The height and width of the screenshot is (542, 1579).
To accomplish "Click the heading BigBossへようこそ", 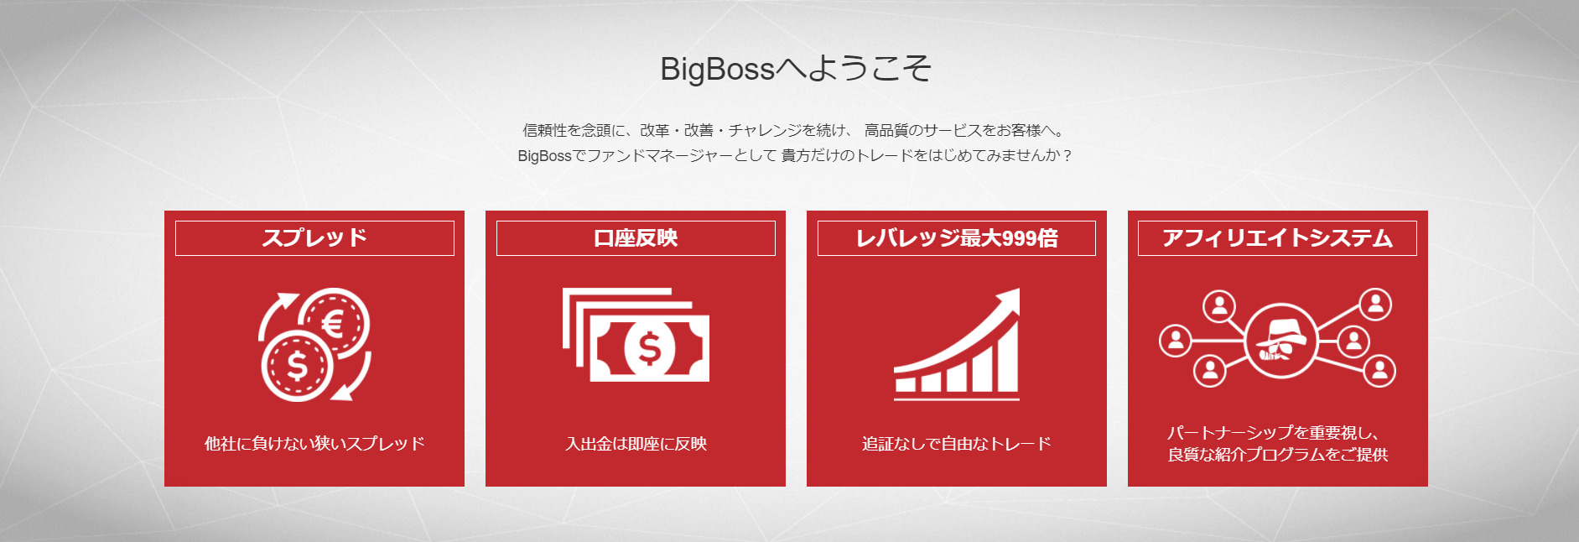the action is tap(796, 69).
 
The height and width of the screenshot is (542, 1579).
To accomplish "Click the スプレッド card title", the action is tap(314, 238).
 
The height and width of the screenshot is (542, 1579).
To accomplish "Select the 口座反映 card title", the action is tap(636, 238).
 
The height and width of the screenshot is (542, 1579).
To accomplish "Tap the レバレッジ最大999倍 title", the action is tap(957, 238).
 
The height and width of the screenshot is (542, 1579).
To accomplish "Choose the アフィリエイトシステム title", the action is tap(1277, 238).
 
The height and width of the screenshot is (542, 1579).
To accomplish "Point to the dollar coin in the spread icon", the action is tap(297, 366).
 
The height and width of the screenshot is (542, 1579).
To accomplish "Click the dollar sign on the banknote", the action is tap(649, 348).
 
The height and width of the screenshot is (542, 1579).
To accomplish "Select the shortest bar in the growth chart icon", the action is tap(906, 385).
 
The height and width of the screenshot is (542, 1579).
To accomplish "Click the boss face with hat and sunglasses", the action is tap(1280, 341).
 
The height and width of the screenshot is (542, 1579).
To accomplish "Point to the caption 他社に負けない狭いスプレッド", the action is tap(314, 443).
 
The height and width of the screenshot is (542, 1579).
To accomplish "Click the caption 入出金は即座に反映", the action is tap(636, 443).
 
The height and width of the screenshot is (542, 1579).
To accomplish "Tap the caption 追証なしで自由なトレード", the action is tap(957, 443).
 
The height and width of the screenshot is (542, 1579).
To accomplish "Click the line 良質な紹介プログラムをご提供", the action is tap(1277, 455).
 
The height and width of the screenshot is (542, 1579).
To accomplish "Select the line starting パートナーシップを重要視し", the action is tap(1273, 433).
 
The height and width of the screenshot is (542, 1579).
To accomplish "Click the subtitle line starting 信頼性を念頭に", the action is tap(794, 130).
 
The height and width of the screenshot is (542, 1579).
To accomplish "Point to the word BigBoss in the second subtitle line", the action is tap(544, 156).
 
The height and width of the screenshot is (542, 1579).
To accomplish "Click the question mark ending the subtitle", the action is tap(1067, 155).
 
